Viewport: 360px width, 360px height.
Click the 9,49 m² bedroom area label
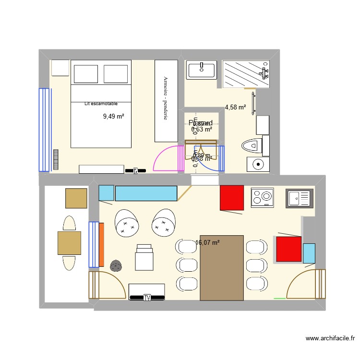(114, 116)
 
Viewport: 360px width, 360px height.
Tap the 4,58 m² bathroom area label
(235, 108)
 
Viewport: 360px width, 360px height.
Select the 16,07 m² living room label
(207, 243)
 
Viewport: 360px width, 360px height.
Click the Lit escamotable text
(101, 103)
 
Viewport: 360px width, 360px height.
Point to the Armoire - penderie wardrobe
(166, 101)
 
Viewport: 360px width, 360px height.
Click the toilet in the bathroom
(252, 144)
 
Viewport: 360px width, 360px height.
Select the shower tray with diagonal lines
(245, 74)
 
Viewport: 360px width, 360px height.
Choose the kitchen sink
(300, 198)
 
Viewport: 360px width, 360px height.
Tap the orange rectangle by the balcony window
(101, 245)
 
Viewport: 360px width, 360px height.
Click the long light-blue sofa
(145, 193)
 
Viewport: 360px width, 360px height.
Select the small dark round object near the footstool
(116, 265)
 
